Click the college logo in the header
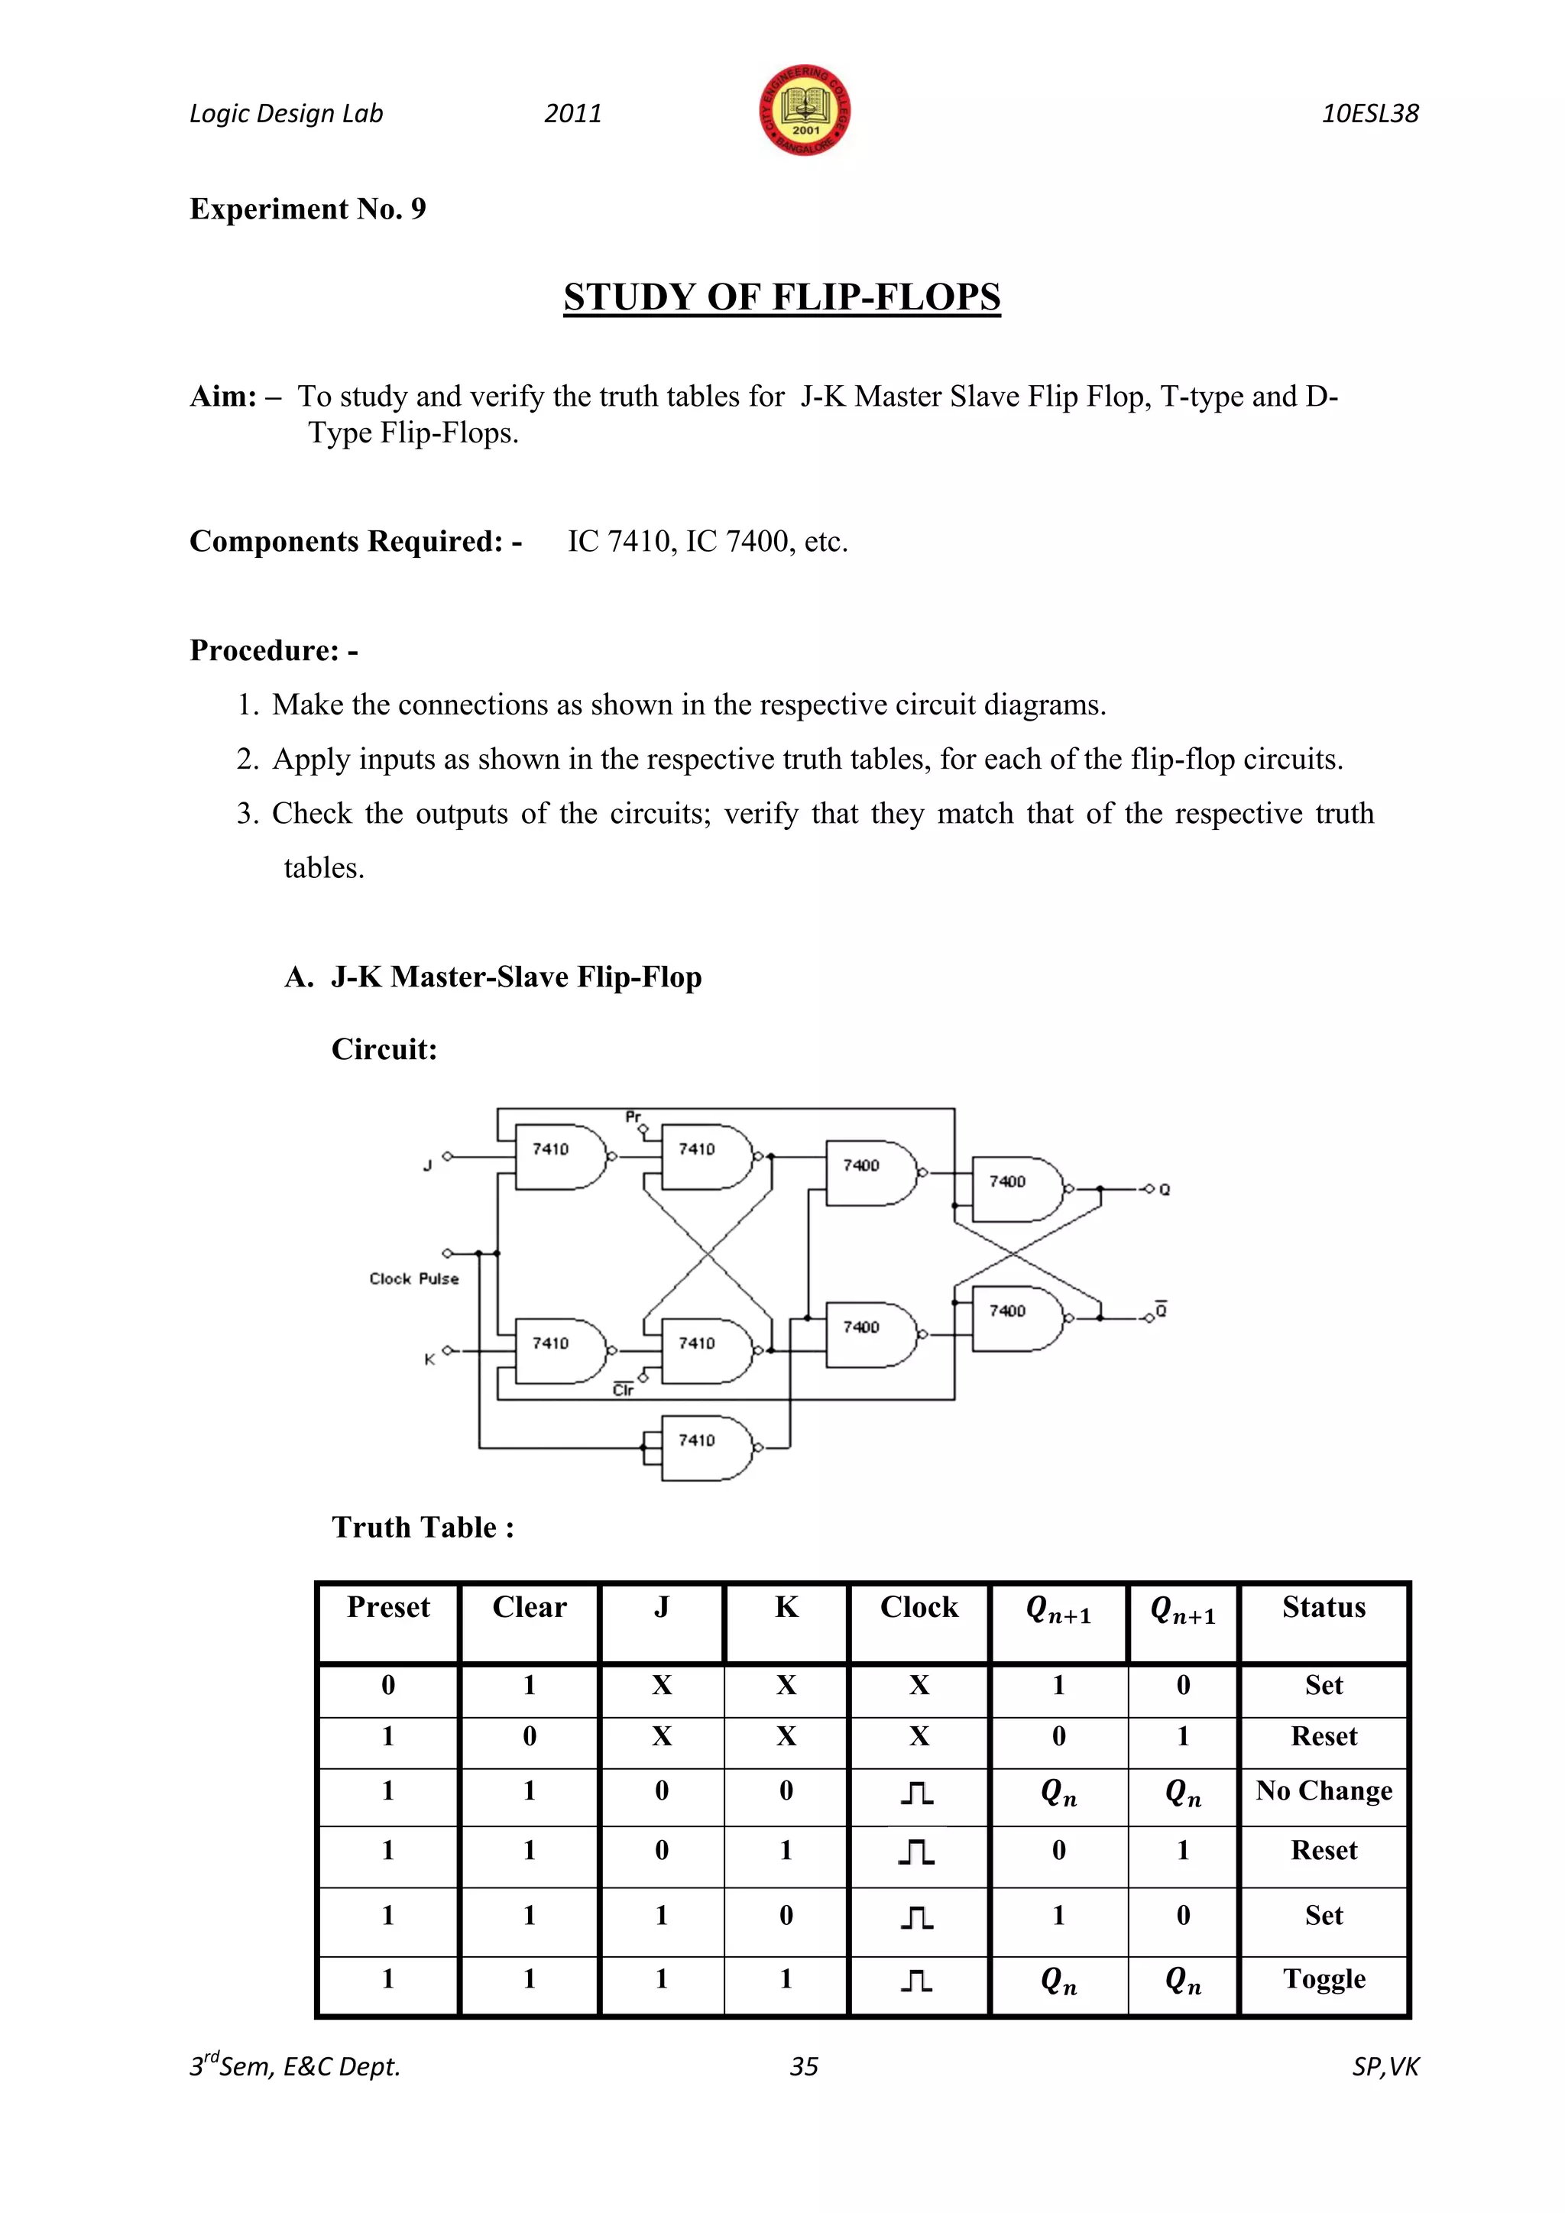click(x=805, y=112)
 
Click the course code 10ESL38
click(x=1369, y=114)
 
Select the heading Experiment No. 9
click(x=307, y=209)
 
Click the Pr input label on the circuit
click(x=633, y=1117)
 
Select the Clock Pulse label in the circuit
click(x=413, y=1279)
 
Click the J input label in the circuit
click(x=428, y=1166)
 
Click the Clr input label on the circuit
click(x=624, y=1390)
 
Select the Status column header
click(x=1323, y=1608)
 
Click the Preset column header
click(x=388, y=1608)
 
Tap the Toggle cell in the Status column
click(x=1323, y=1978)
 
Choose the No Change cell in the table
click(x=1323, y=1791)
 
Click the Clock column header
click(x=919, y=1608)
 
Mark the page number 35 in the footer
click(x=804, y=2066)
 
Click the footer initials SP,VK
click(x=1385, y=2066)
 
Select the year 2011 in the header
click(x=572, y=114)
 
